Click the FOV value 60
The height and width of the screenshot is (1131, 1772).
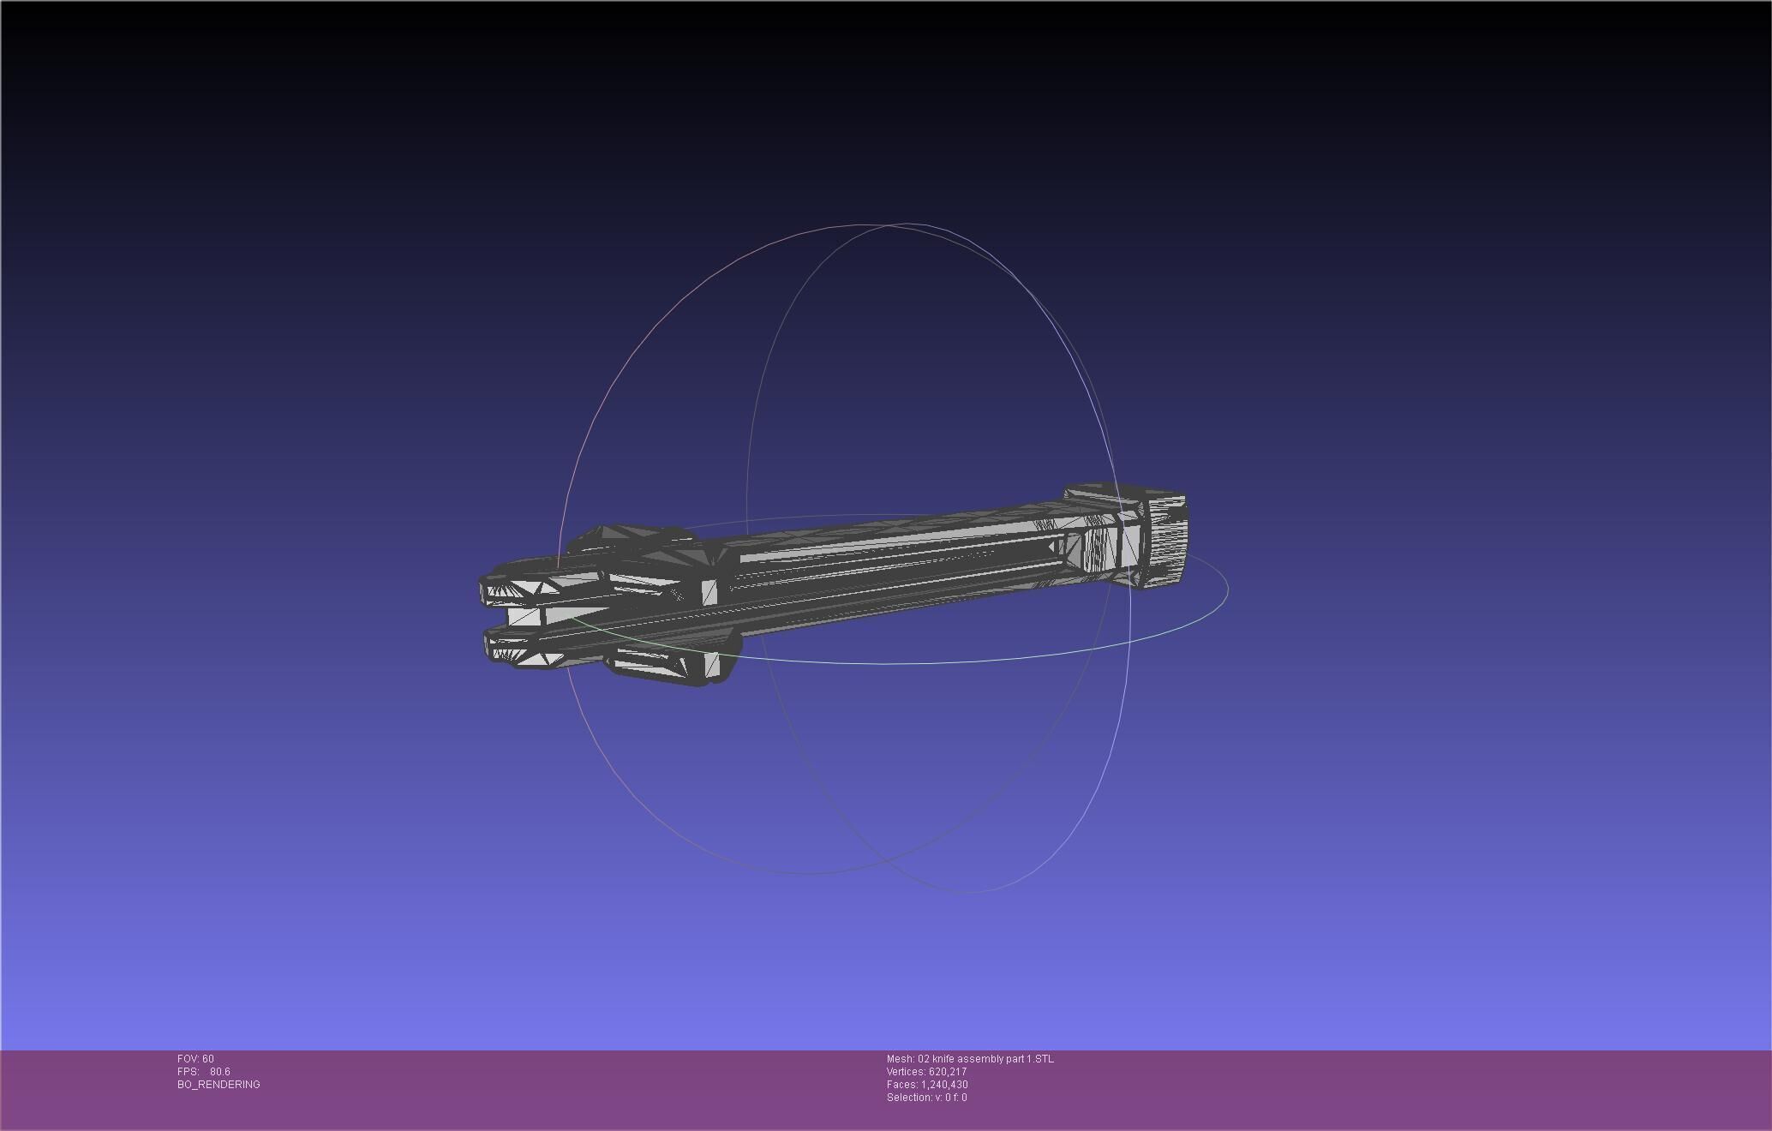[208, 1059]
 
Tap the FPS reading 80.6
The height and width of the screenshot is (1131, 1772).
[219, 1072]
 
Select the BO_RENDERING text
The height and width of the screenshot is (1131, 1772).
[219, 1085]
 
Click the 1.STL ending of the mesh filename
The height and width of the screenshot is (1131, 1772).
[1040, 1059]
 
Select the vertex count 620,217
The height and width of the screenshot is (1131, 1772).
[948, 1072]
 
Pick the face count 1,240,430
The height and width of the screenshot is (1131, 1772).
[944, 1085]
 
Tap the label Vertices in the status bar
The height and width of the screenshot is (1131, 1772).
[906, 1072]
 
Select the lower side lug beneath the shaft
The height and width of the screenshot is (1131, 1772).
[664, 664]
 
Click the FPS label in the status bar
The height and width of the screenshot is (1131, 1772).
[189, 1072]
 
